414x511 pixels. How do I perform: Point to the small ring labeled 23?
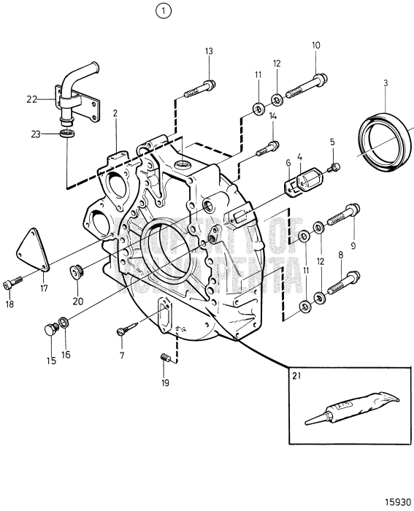(x=66, y=134)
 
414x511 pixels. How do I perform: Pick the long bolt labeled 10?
(x=302, y=86)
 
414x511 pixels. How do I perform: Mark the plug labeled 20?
(x=76, y=273)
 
